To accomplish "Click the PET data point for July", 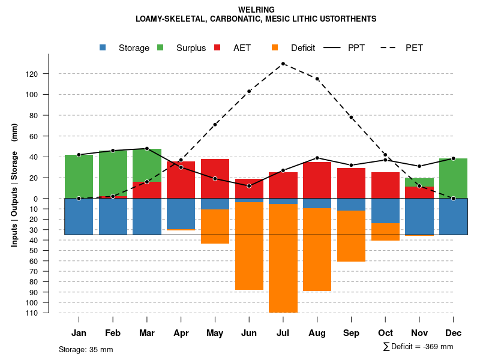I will pos(283,64).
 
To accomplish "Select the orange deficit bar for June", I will pos(249,246).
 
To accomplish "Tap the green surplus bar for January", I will pos(79,176).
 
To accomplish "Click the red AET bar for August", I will pos(317,180).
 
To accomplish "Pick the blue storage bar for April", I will pos(181,213).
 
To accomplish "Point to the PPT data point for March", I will pos(147,148).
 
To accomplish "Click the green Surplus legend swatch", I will pos(161,48).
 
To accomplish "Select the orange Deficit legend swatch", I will pos(275,48).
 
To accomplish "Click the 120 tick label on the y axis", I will pos(48,74).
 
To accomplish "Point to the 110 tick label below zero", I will pos(48,313).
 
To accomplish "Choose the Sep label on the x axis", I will pos(352,333).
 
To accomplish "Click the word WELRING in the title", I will pos(256,10).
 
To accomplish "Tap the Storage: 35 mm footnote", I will pos(86,349).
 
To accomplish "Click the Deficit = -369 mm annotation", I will pos(418,346).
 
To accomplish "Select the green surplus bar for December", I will pos(453,178).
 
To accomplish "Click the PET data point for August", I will pos(317,79).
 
